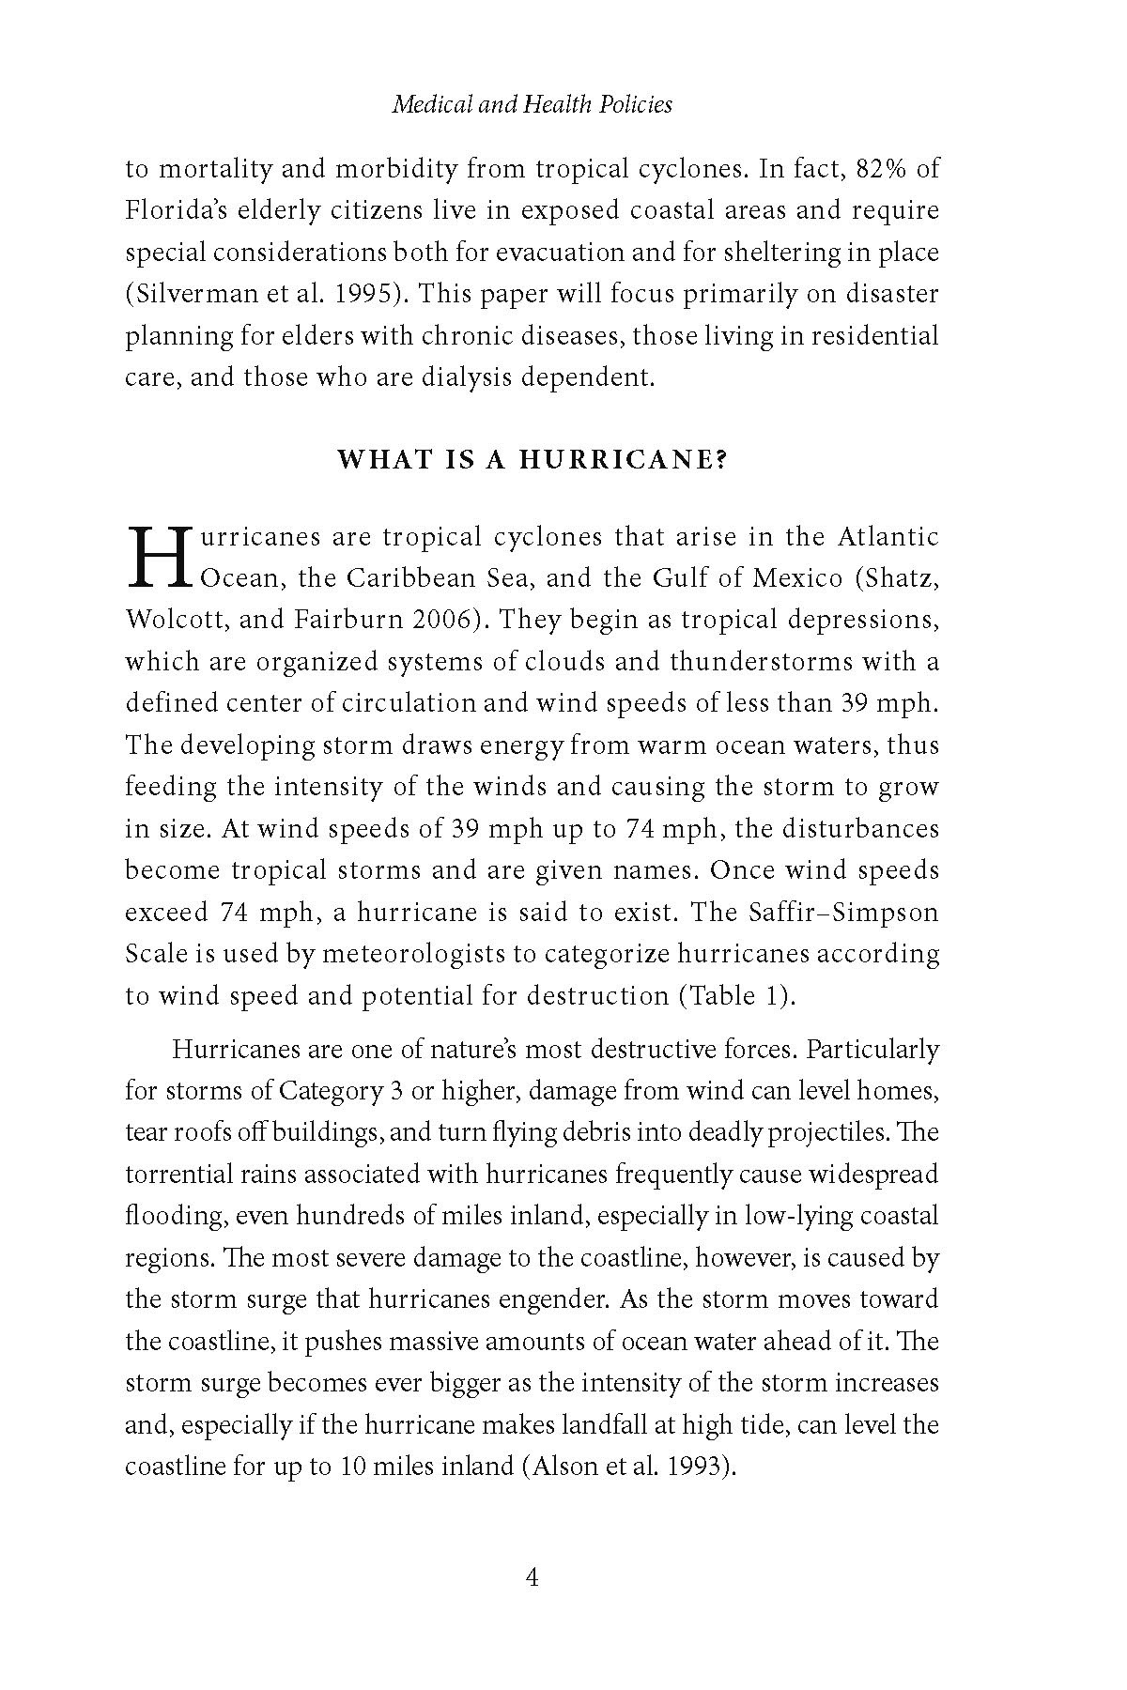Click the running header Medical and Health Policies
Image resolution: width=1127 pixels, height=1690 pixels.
(532, 104)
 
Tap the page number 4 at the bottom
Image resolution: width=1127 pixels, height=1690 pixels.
(532, 1577)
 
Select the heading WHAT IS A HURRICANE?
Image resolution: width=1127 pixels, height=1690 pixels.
(532, 460)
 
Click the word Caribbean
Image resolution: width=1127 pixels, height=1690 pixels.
(408, 577)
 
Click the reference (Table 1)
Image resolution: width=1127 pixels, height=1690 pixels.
(736, 995)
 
